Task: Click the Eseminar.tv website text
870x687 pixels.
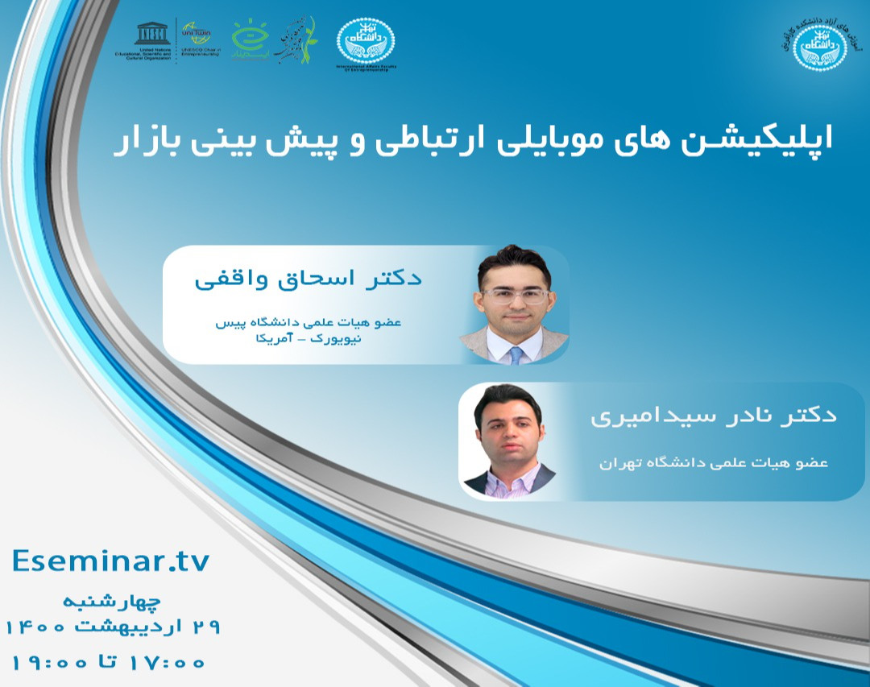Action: tap(111, 561)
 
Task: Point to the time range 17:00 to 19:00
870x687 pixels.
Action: tap(108, 663)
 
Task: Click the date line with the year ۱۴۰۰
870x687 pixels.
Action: tap(113, 626)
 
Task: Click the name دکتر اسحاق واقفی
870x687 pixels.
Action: tap(309, 279)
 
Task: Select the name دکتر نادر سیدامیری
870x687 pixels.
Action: tap(713, 416)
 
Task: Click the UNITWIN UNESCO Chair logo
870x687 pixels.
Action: tap(199, 39)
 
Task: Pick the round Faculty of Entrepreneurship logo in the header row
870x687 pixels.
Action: tap(366, 41)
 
